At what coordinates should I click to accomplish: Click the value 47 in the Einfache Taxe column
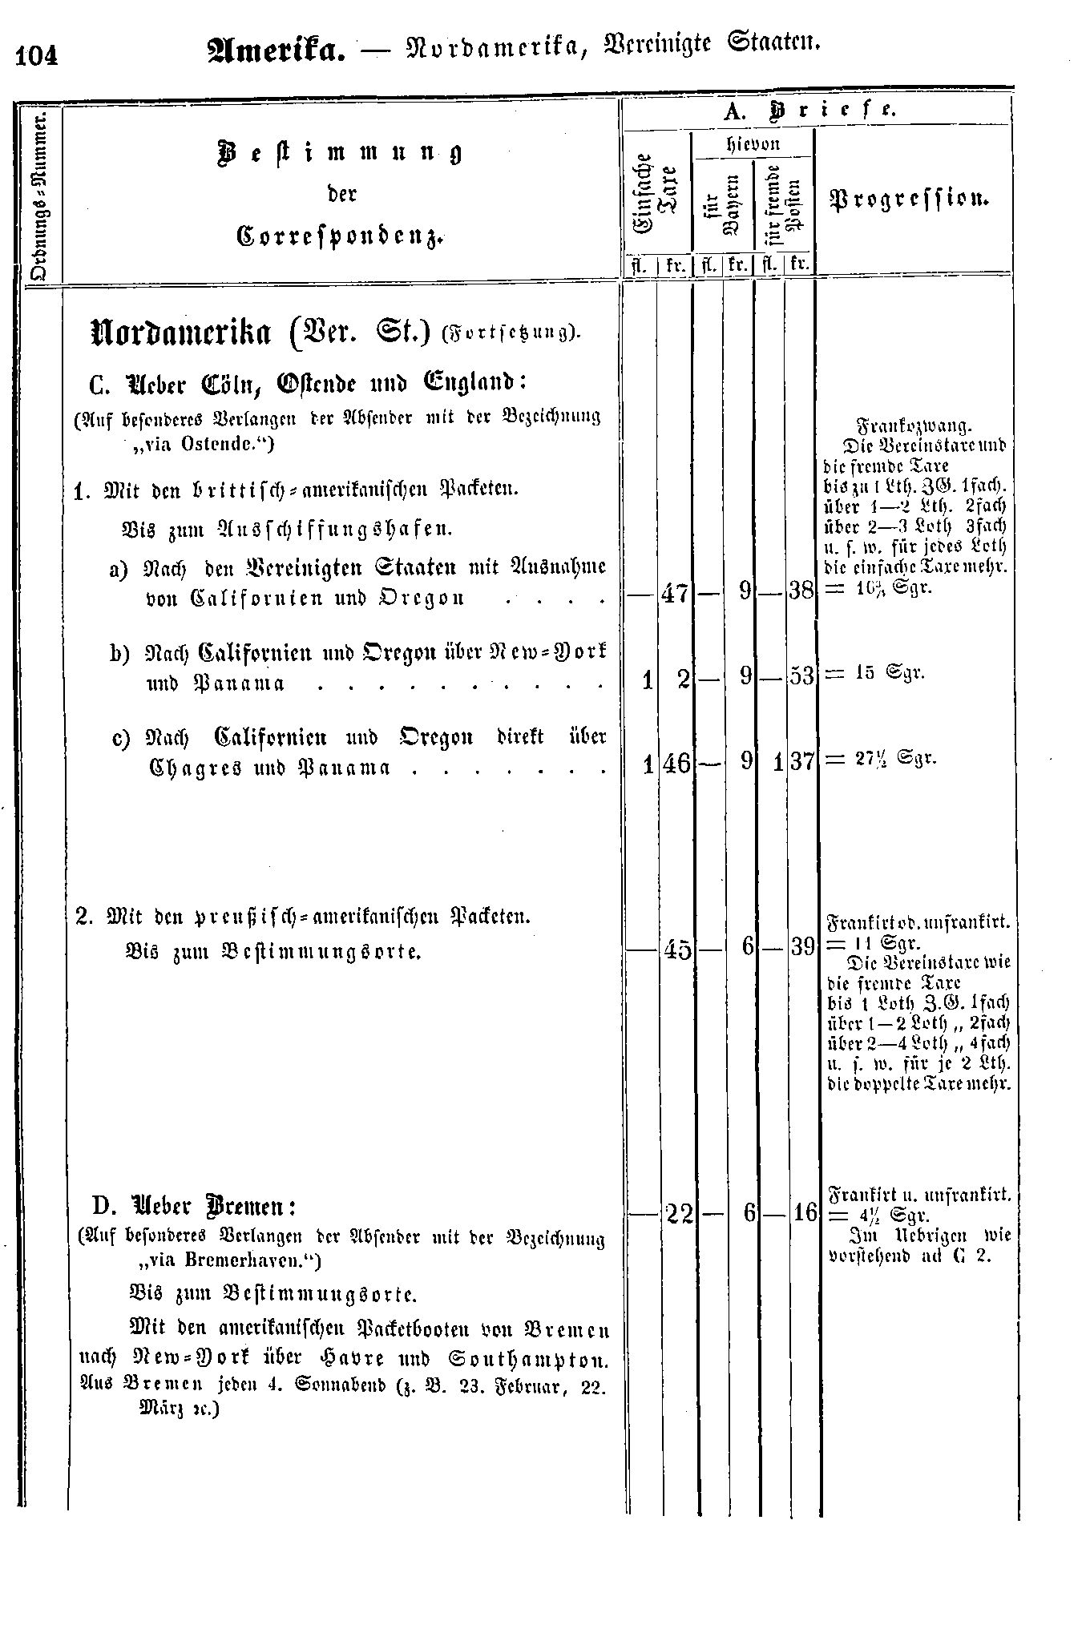pyautogui.click(x=674, y=594)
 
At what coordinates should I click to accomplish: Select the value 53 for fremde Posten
pyautogui.click(x=801, y=676)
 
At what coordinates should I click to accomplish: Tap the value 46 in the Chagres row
pyautogui.click(x=676, y=762)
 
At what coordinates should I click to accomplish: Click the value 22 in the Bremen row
pyautogui.click(x=680, y=1214)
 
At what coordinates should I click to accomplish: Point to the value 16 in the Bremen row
pyautogui.click(x=803, y=1213)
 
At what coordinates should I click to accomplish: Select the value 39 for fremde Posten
pyautogui.click(x=801, y=946)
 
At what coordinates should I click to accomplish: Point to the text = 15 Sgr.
pyautogui.click(x=875, y=672)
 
